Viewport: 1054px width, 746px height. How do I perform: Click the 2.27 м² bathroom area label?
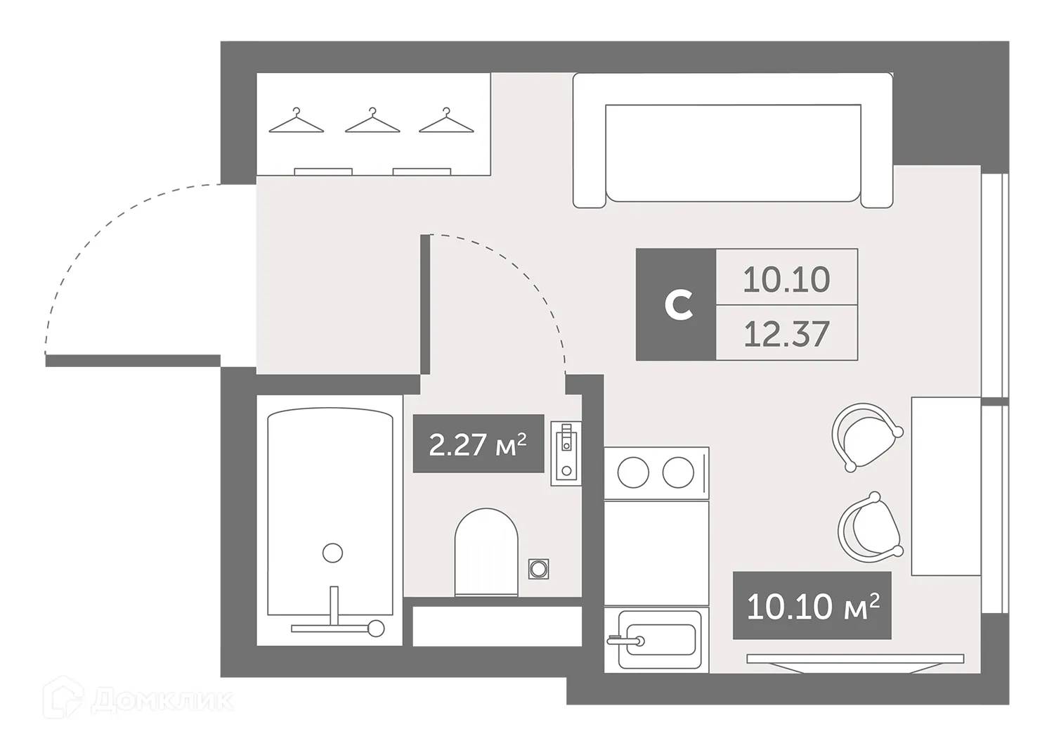point(478,444)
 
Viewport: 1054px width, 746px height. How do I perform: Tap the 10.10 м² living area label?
point(812,606)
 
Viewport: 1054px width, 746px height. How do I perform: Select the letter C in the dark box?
point(678,305)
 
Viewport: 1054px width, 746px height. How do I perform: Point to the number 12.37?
point(786,334)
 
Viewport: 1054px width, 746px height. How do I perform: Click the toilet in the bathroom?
point(486,552)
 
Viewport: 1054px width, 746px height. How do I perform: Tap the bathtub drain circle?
point(332,553)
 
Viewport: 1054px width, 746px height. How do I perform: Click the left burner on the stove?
point(633,472)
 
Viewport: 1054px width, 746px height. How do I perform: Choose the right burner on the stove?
point(678,472)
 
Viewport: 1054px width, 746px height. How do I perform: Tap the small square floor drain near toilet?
point(539,568)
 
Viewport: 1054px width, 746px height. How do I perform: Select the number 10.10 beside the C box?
point(786,279)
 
